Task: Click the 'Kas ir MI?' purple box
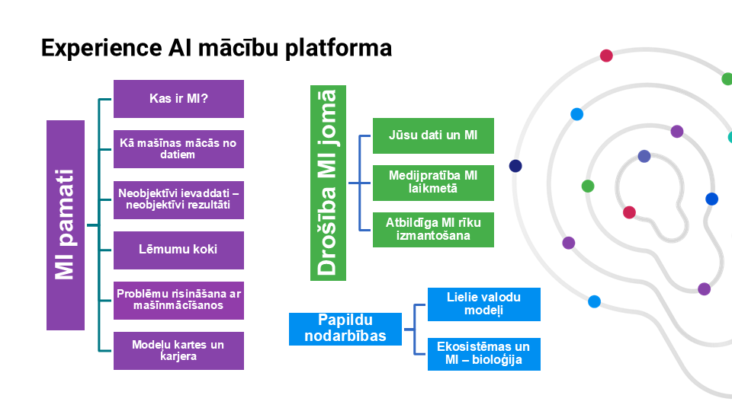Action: [178, 99]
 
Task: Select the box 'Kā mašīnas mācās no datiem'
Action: [178, 149]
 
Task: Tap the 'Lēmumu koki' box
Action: [178, 250]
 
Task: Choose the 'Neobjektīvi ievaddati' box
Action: [178, 199]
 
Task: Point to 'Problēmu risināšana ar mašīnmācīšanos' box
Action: [178, 300]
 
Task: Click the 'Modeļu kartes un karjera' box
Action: [178, 350]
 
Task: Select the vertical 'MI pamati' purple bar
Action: [65, 225]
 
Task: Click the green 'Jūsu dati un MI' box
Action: [433, 135]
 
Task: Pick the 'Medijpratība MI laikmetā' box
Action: [433, 183]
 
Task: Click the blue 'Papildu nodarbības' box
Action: [345, 329]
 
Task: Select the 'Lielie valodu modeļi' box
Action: [484, 304]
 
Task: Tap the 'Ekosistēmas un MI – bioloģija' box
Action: [484, 354]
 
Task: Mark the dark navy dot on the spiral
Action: [516, 166]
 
